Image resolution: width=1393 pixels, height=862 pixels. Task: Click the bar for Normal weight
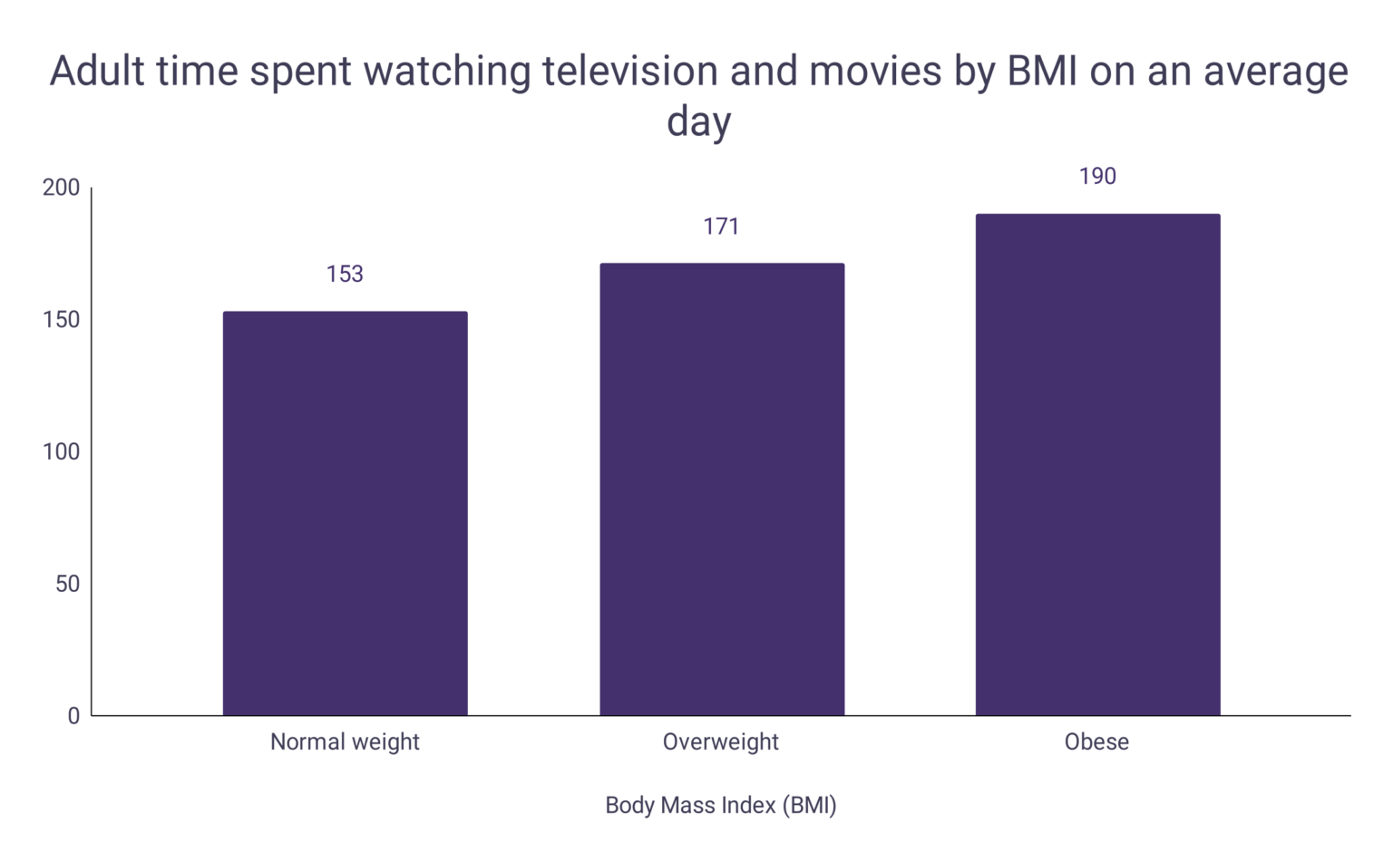click(345, 513)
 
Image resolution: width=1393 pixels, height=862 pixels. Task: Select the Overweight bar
click(722, 489)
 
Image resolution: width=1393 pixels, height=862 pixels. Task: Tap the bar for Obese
click(1097, 464)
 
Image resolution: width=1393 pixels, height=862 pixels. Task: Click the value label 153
click(345, 274)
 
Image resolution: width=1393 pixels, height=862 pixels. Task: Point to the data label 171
click(721, 227)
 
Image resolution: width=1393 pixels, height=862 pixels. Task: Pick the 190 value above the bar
click(1097, 177)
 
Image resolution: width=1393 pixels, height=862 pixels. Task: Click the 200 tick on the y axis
click(61, 188)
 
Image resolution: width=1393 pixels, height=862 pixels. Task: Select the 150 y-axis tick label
click(61, 320)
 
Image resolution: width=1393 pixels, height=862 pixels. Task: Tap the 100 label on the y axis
click(61, 451)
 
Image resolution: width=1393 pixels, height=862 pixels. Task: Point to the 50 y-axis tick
click(67, 584)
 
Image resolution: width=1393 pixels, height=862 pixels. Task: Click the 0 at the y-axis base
click(73, 716)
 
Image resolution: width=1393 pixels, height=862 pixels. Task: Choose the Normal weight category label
click(345, 742)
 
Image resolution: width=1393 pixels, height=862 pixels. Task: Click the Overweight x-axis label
click(721, 742)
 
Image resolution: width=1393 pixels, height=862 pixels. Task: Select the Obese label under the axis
click(1096, 742)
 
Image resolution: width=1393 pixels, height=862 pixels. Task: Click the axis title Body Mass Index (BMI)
click(721, 805)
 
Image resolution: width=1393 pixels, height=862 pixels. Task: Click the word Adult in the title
click(97, 72)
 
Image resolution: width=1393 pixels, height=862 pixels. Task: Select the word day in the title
click(698, 121)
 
